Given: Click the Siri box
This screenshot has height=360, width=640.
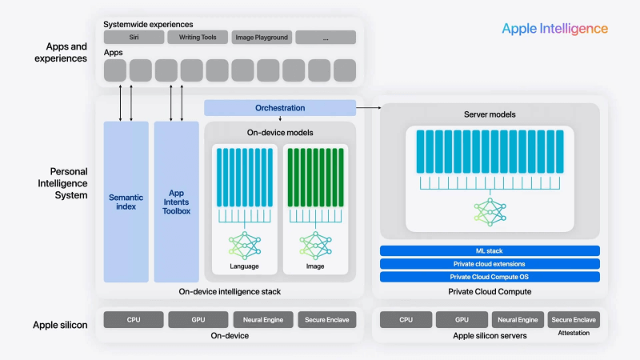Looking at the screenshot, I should [134, 38].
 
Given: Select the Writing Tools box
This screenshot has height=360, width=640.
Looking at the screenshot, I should [198, 38].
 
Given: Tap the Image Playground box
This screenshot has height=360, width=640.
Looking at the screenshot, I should [262, 38].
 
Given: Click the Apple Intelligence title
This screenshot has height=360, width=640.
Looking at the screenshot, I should [554, 29].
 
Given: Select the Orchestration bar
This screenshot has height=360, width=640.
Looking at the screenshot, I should [280, 108].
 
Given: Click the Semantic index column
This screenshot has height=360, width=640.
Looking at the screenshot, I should [126, 202].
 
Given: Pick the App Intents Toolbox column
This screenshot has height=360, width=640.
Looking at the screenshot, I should [176, 202].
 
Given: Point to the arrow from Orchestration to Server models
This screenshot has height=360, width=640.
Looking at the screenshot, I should [368, 106].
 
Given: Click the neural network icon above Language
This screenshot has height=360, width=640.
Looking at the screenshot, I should [244, 244].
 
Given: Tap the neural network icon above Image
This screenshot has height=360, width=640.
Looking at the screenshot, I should [315, 244].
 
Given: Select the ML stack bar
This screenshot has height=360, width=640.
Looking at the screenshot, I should [490, 251].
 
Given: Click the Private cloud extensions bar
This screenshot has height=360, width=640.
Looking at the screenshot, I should [490, 264].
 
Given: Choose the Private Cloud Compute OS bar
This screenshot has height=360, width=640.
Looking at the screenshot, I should [490, 277].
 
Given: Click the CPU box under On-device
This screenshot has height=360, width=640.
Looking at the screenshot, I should [133, 320].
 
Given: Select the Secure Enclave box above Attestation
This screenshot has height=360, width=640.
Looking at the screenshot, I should [574, 320].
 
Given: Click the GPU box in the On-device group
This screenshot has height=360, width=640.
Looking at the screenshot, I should [198, 320].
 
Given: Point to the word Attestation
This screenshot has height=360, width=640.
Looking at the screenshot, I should [574, 333].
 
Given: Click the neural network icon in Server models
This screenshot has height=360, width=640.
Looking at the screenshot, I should [490, 211].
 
